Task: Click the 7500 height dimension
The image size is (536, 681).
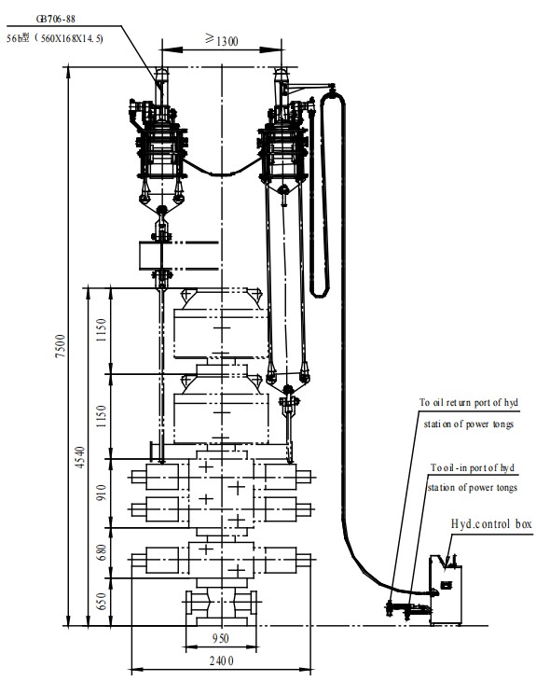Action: tap(61, 346)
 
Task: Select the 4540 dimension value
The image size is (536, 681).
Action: tap(81, 457)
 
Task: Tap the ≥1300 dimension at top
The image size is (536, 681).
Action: tap(221, 40)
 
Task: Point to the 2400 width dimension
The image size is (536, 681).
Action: tap(221, 661)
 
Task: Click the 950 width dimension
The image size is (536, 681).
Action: tap(221, 638)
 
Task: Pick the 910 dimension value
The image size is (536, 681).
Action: tap(102, 493)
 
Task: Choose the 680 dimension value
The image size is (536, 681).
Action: tap(102, 552)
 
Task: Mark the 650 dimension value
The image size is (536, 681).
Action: tap(102, 601)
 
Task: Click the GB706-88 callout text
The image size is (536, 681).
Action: tap(56, 19)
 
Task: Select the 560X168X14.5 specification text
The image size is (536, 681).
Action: tap(72, 38)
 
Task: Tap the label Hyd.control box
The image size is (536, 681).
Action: tap(491, 523)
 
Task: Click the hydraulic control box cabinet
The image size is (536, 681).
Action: tap(446, 590)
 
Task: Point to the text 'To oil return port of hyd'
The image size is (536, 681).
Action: tap(469, 403)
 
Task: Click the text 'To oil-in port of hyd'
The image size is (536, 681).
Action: tap(473, 467)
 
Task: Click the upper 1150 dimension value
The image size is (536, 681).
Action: tap(102, 329)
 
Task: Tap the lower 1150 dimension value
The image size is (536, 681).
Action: tap(102, 416)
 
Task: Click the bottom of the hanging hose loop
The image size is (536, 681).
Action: tap(320, 296)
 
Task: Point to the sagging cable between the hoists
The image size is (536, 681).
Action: tap(222, 174)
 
